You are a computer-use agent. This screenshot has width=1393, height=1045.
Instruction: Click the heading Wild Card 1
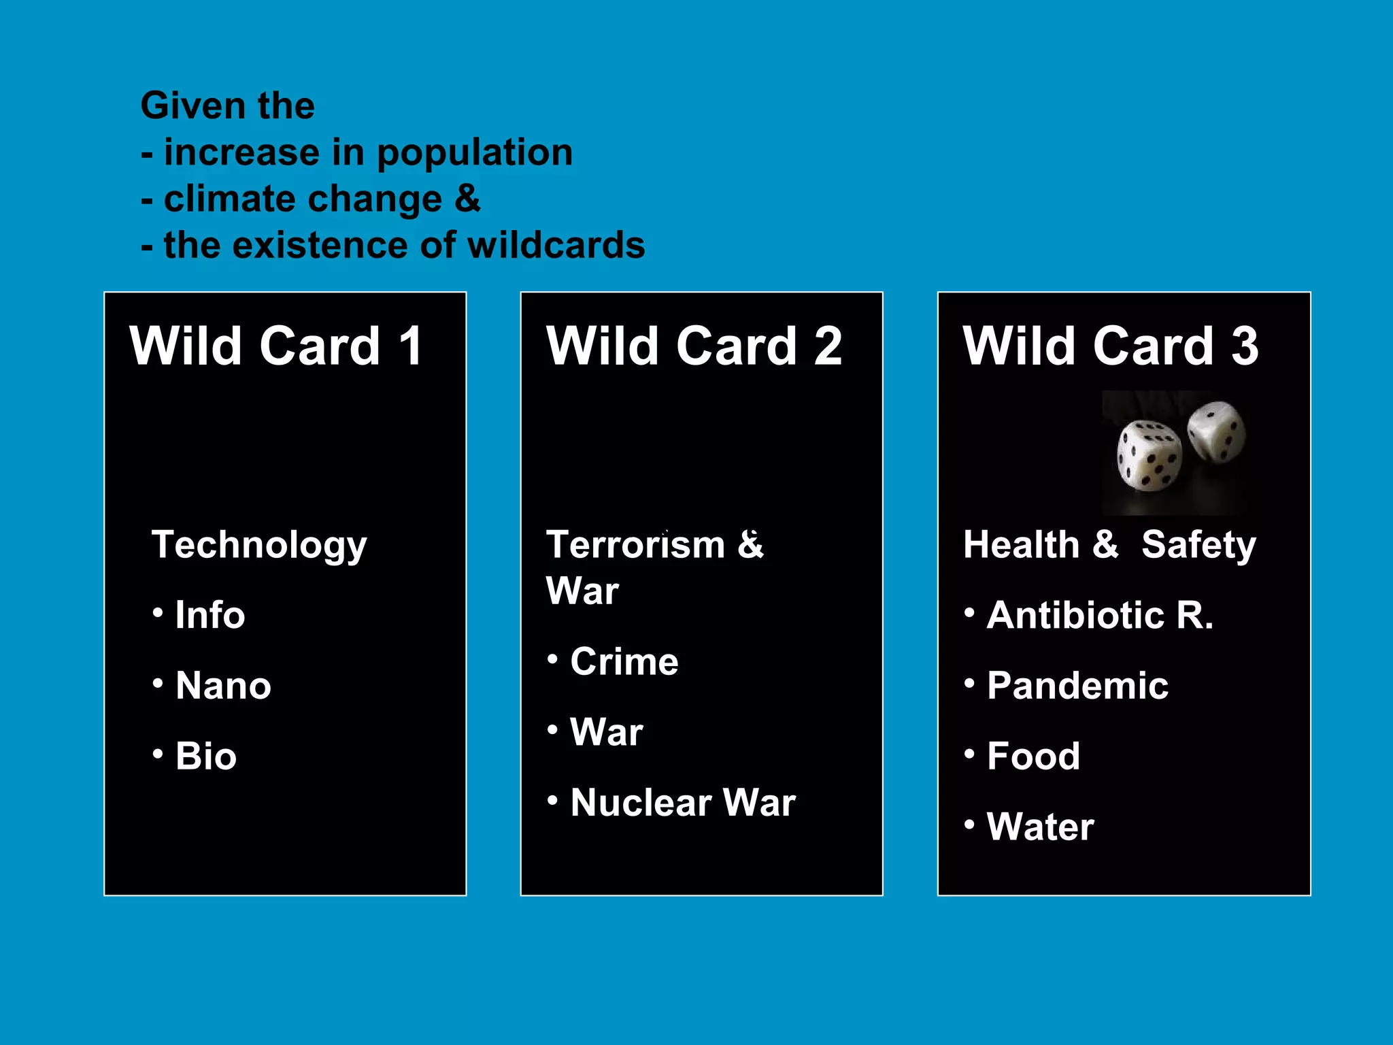pos(276,346)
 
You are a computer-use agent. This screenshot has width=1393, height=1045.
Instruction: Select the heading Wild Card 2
pos(694,346)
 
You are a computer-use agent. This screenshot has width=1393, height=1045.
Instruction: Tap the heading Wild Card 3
pos(1110,346)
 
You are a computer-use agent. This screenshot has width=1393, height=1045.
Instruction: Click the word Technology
pos(259,546)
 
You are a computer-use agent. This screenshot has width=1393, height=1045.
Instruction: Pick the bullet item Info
pos(209,615)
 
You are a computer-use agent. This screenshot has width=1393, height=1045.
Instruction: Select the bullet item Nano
pos(223,685)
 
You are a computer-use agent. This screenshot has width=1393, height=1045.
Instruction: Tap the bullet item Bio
pos(205,756)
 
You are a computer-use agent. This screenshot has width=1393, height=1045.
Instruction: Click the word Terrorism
pos(636,546)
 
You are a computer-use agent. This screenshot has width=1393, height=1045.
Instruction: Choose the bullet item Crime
pos(624,661)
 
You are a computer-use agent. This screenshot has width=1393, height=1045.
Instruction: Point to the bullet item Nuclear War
pos(683,802)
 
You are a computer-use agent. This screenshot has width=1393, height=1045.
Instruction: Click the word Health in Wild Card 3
pos(1021,546)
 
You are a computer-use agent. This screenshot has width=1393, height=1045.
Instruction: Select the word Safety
pos(1198,546)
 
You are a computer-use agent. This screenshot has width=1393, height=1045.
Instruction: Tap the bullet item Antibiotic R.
pos(1100,615)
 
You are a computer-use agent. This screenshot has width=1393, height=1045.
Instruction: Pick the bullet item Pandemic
pos(1077,685)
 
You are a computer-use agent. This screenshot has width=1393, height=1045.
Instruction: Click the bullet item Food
pos(1033,756)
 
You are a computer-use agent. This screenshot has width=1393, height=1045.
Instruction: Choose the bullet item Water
pos(1040,827)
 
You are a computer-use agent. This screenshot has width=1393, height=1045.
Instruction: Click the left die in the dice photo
pos(1148,454)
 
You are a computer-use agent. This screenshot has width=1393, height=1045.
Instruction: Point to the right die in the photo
pos(1216,431)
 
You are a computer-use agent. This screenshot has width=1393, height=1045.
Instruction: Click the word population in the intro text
pos(474,152)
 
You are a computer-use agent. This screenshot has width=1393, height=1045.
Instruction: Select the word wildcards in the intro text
pos(556,245)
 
